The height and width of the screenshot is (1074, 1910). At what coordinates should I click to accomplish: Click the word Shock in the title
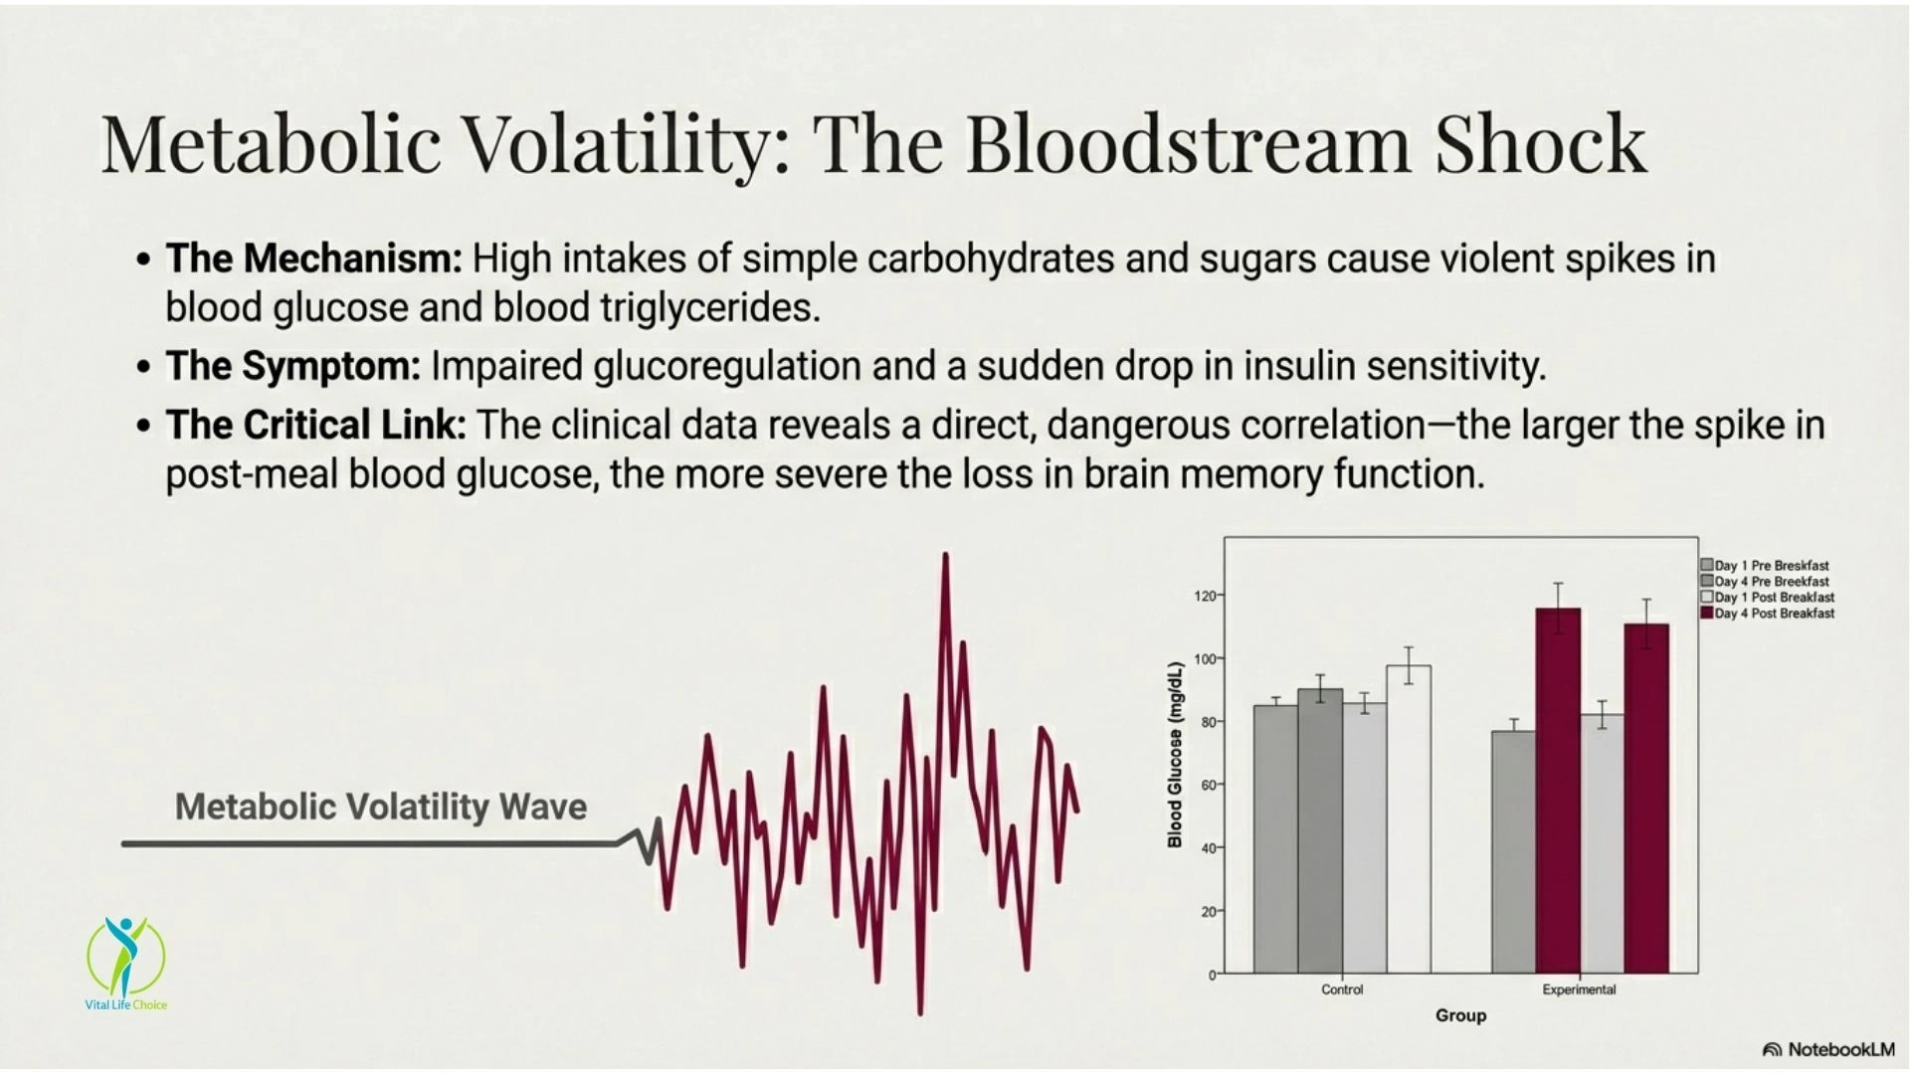click(1540, 142)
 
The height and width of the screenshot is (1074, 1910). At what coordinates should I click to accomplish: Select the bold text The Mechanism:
click(314, 259)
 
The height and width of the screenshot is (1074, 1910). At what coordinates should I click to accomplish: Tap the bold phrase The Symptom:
click(293, 366)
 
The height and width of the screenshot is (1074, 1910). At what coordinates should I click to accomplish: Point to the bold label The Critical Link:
click(315, 425)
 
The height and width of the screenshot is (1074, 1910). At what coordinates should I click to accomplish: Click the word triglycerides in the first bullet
click(710, 308)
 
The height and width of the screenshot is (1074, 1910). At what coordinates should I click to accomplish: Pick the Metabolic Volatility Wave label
click(381, 806)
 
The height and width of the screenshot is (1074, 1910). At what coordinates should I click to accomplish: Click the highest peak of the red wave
click(945, 555)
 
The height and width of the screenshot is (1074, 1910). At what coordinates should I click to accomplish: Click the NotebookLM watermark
click(1828, 1049)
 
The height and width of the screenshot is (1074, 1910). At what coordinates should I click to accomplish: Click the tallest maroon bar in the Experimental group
click(1558, 791)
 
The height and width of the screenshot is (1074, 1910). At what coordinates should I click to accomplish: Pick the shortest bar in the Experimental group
click(1514, 852)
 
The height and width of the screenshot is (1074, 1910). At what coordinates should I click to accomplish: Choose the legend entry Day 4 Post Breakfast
click(1768, 614)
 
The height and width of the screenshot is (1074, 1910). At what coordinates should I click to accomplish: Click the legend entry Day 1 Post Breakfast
click(1768, 598)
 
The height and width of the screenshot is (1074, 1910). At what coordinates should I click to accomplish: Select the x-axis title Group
click(1460, 1015)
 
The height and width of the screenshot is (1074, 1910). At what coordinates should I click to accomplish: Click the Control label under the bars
click(1342, 989)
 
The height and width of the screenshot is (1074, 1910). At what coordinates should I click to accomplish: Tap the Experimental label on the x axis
click(1579, 989)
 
